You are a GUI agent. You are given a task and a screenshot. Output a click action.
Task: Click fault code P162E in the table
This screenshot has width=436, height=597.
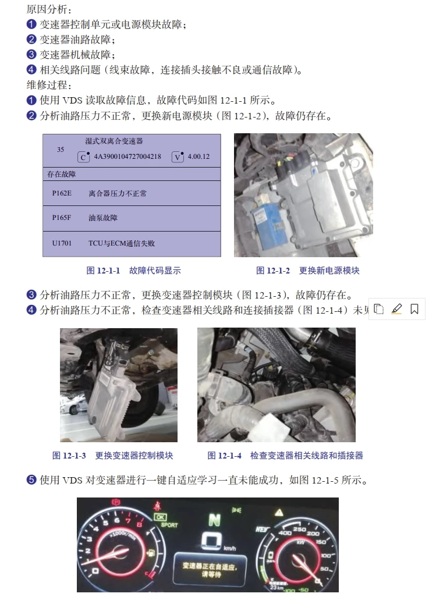tap(61, 193)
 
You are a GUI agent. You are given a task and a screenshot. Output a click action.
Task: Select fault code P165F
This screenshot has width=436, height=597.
tap(61, 218)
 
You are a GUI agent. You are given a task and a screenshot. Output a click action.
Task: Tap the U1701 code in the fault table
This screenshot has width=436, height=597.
tap(62, 243)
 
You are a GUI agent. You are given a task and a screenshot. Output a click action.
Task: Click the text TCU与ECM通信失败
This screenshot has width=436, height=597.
tap(122, 243)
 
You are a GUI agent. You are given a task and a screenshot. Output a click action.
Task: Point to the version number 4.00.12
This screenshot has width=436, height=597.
tap(198, 157)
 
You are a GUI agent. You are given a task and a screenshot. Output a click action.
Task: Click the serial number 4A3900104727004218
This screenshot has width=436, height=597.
tap(127, 157)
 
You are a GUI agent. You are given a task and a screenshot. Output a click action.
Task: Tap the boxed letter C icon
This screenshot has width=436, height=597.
tap(84, 157)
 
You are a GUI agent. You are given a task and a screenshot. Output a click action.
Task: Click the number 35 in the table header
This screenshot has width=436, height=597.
tap(61, 150)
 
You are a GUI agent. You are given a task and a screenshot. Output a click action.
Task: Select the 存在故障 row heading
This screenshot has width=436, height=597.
tap(62, 174)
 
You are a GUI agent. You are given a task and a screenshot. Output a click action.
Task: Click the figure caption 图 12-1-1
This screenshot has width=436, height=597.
tap(103, 271)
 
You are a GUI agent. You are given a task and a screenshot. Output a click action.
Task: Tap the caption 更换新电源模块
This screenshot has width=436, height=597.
tap(329, 271)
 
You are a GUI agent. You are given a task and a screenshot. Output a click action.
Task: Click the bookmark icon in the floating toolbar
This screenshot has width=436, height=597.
tap(414, 309)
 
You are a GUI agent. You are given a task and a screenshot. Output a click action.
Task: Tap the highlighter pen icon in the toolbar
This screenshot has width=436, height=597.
tap(396, 309)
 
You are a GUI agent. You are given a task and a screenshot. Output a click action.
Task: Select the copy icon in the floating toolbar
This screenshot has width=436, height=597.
tap(379, 309)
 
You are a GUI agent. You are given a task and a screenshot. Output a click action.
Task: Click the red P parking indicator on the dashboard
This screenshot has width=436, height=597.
tap(115, 502)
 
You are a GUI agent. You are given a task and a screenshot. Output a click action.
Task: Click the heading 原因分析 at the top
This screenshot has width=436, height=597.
tap(49, 10)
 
